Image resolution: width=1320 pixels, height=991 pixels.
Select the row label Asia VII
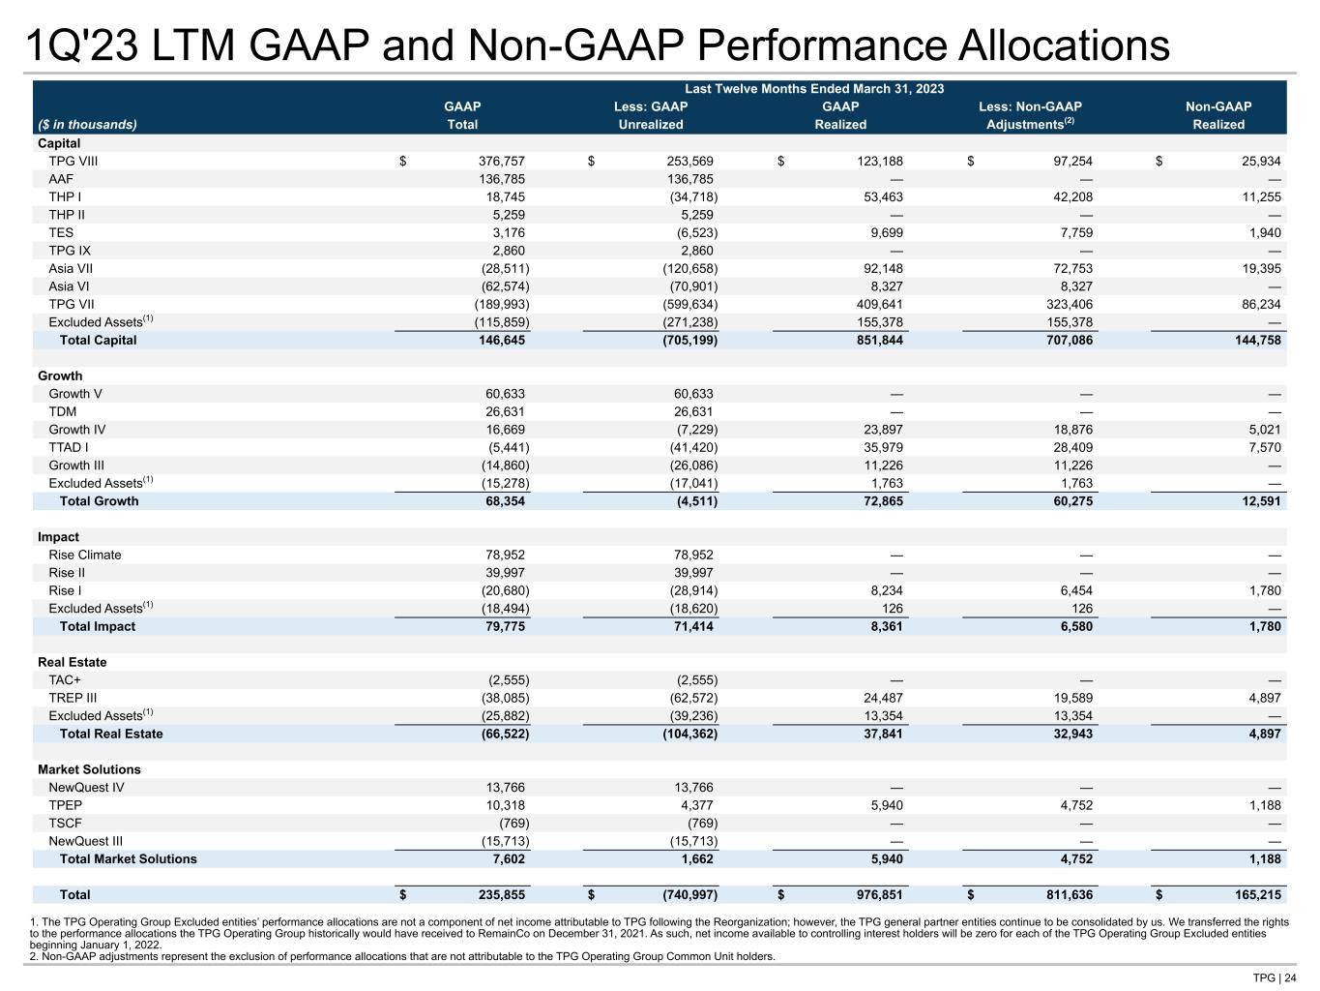click(x=71, y=268)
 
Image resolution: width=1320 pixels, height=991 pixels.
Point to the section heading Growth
click(x=60, y=375)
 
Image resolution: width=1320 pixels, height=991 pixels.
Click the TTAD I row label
click(x=69, y=447)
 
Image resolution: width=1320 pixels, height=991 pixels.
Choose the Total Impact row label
click(x=98, y=626)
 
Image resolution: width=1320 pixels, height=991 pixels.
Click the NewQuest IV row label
click(x=86, y=787)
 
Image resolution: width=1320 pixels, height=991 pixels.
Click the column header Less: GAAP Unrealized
click(x=651, y=115)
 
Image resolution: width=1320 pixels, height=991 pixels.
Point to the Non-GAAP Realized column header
click(x=1218, y=115)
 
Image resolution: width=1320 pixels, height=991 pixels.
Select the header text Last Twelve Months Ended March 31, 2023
click(x=814, y=89)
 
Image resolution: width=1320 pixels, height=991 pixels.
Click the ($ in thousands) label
click(x=87, y=124)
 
